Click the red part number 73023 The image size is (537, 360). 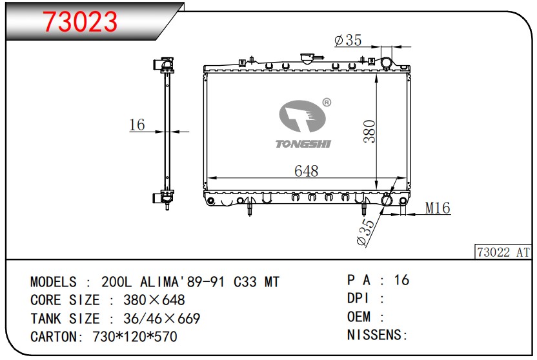(x=80, y=21)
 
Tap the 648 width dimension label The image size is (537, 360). (x=306, y=171)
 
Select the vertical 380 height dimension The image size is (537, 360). (x=370, y=132)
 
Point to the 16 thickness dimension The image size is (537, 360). (x=137, y=125)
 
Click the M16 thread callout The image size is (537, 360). (x=438, y=208)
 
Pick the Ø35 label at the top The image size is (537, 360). (x=348, y=40)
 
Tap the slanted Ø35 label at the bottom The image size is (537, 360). (x=366, y=232)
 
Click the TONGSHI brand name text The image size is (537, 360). (x=303, y=144)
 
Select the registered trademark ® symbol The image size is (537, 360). (x=327, y=103)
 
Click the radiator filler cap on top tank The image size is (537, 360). (x=307, y=58)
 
